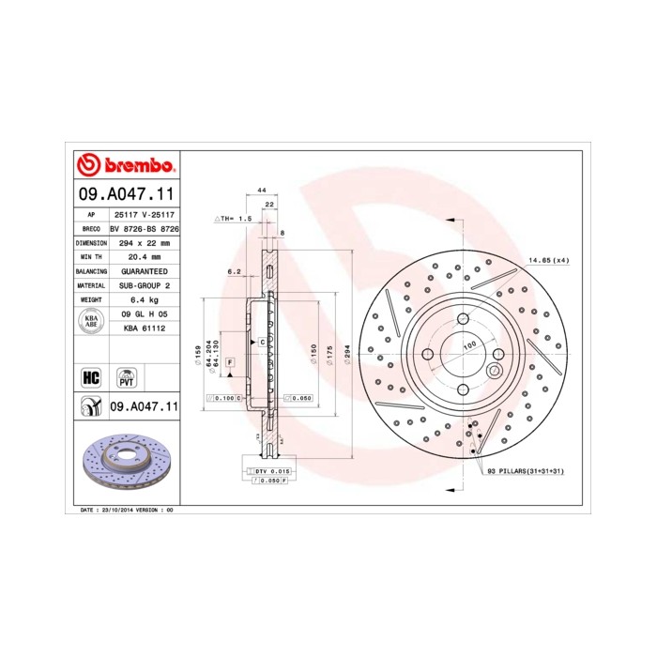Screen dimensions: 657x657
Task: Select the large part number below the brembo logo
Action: (x=126, y=196)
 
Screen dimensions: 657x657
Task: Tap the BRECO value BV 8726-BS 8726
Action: (x=145, y=228)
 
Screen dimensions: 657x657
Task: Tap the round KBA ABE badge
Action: (x=91, y=322)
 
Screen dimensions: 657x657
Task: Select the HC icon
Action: (x=91, y=377)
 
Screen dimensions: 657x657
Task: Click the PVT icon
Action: (x=125, y=377)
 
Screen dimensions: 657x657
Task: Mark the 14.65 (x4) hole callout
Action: (x=548, y=260)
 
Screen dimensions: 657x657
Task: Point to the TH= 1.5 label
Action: (x=235, y=218)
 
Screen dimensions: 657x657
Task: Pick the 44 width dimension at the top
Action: (x=262, y=190)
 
